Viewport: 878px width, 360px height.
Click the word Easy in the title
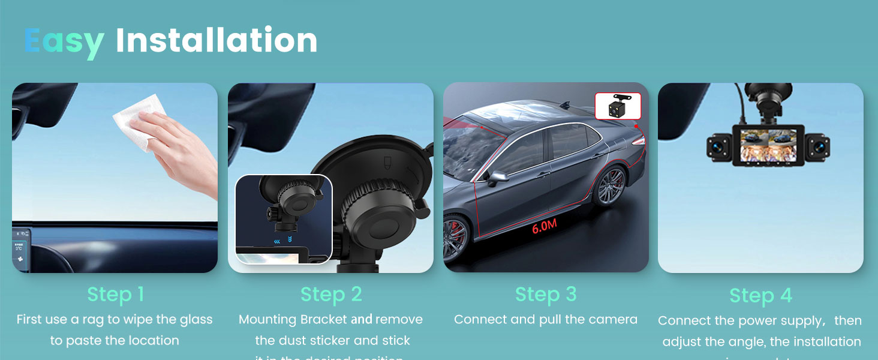coord(64,41)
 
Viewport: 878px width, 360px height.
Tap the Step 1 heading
coord(115,294)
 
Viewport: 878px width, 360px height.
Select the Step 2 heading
coord(331,294)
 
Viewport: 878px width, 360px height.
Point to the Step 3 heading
coord(546,294)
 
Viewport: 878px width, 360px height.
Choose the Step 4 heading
coord(760,295)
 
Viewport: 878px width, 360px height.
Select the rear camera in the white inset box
coord(617,107)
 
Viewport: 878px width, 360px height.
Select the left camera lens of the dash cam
coord(718,145)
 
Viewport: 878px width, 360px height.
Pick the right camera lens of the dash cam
coord(818,145)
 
